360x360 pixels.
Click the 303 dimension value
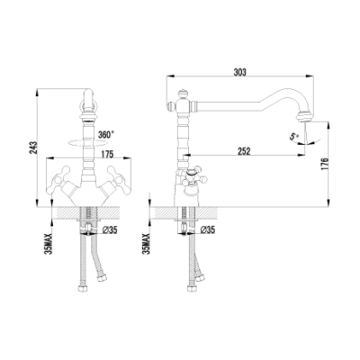coord(240,72)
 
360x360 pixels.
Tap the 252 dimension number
coord(244,151)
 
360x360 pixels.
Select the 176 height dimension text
coord(324,164)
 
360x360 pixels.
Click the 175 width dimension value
coord(107,154)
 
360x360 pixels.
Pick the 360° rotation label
coord(106,135)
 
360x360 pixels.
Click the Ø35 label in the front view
coord(110,230)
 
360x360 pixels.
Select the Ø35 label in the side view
coord(208,230)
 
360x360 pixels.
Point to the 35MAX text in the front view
coord(49,244)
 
